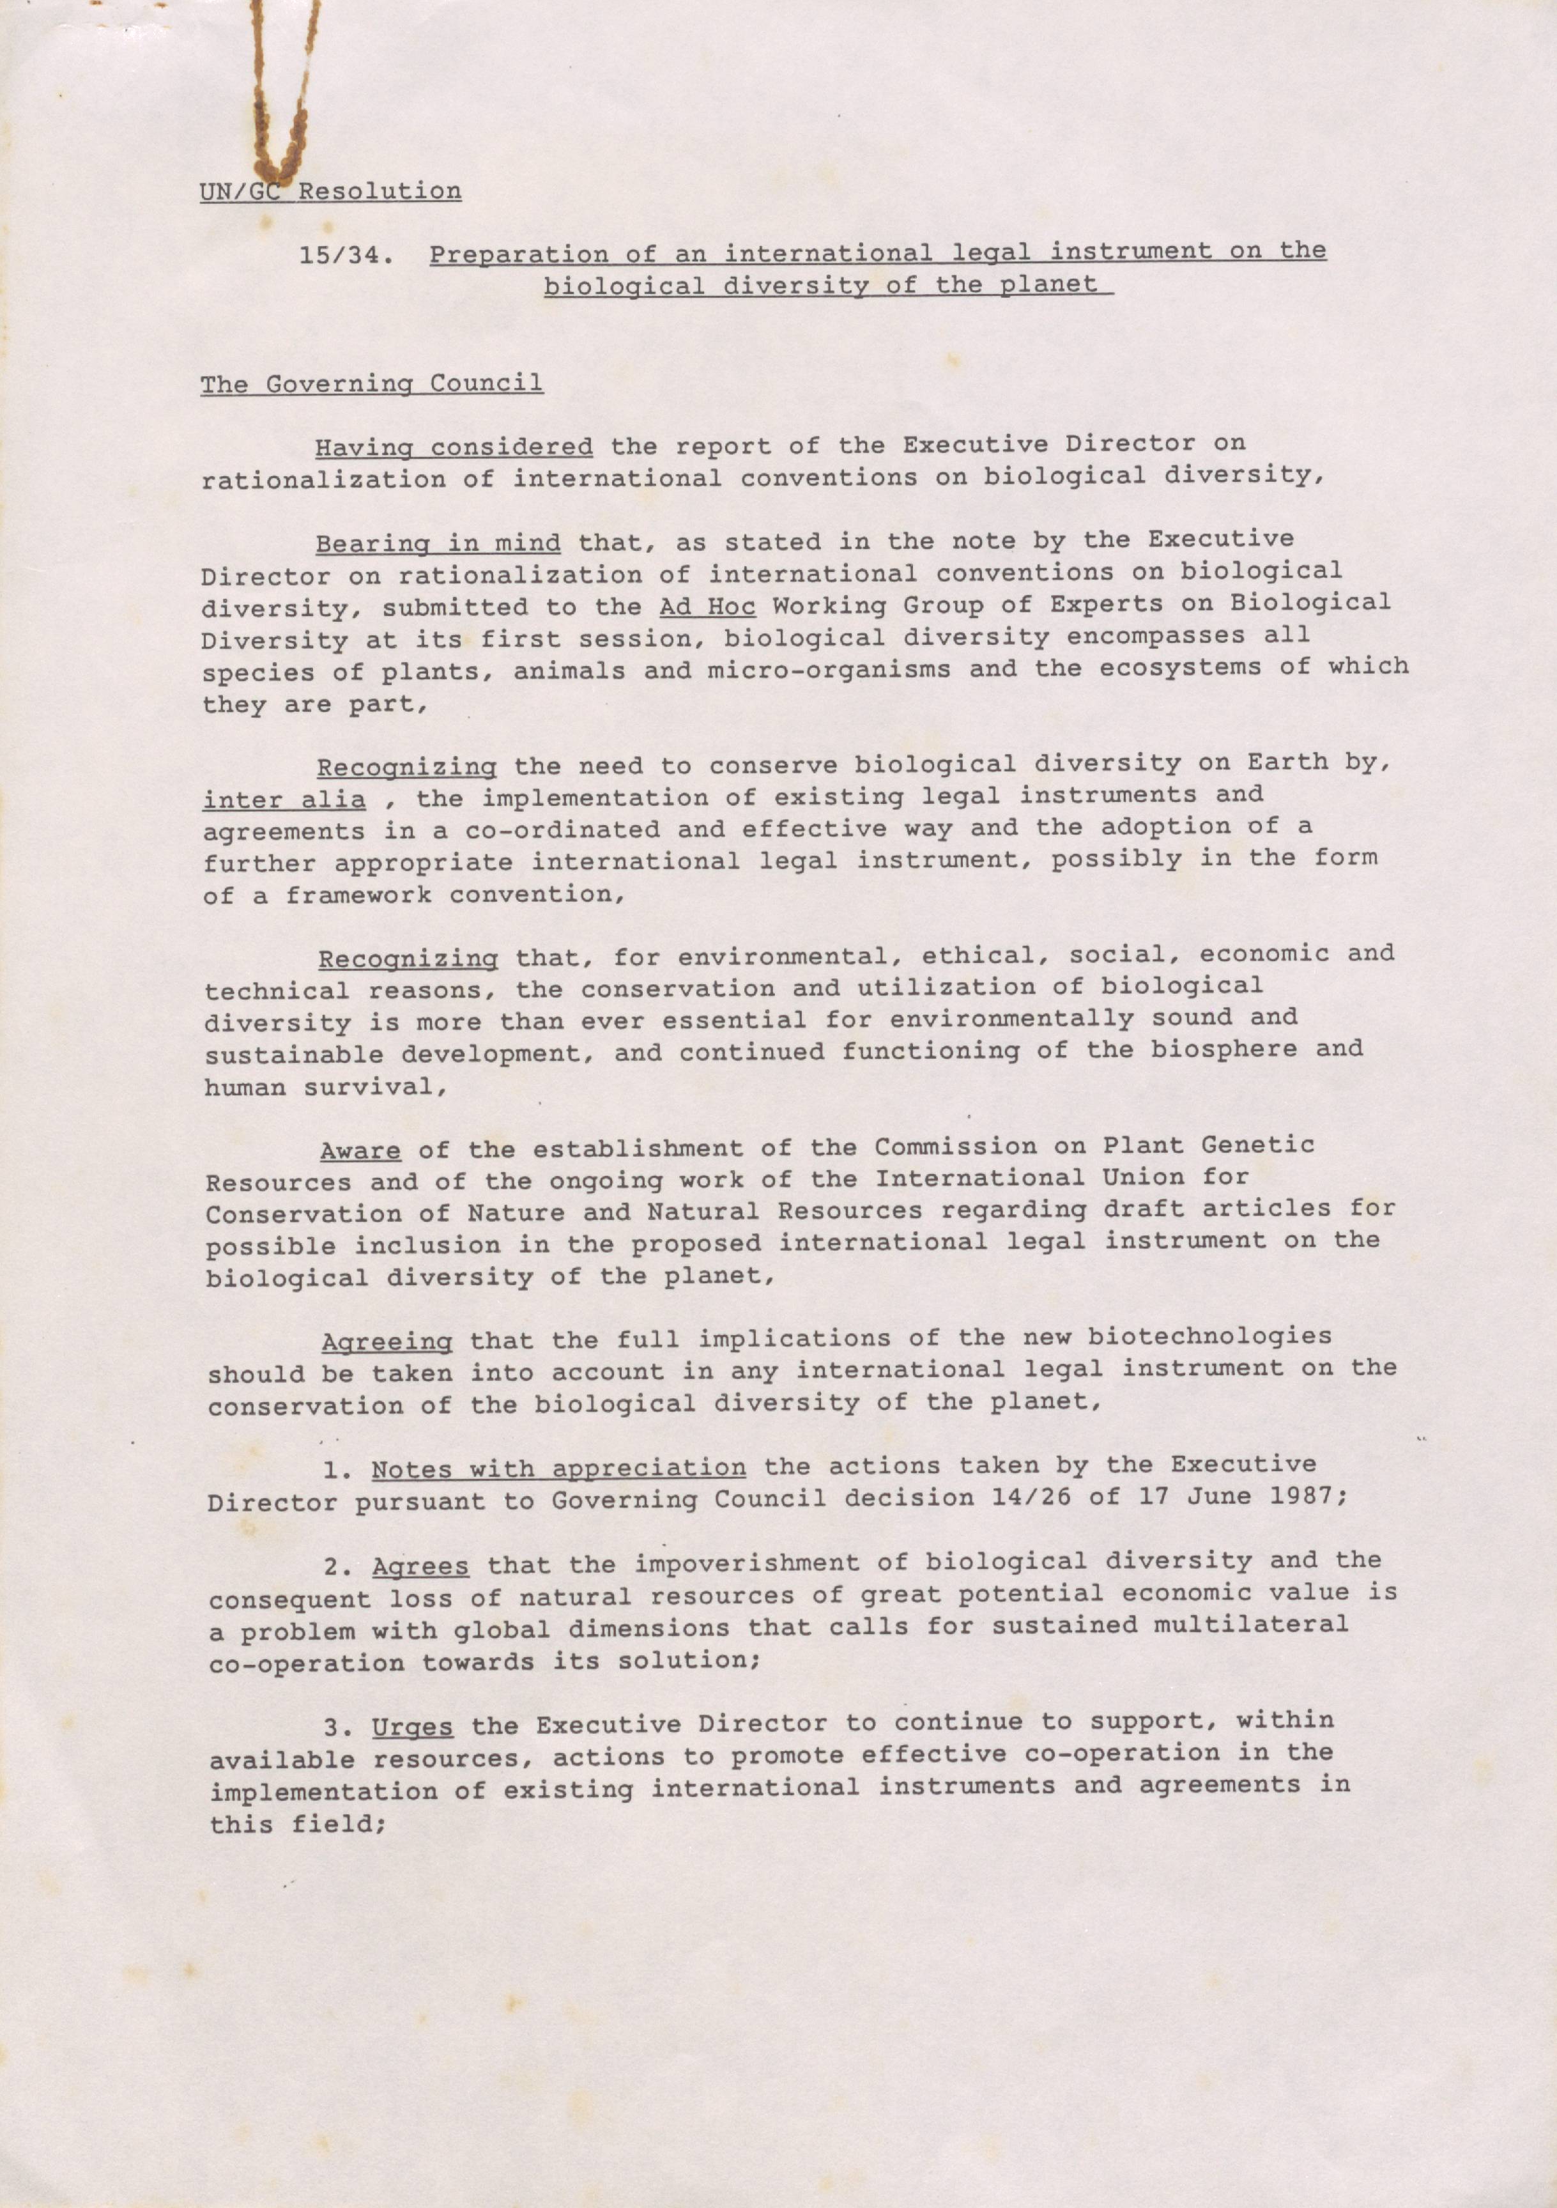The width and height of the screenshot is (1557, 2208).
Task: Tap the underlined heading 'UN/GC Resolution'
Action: [x=330, y=190]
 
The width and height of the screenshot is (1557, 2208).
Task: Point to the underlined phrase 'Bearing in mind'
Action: [x=438, y=543]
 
